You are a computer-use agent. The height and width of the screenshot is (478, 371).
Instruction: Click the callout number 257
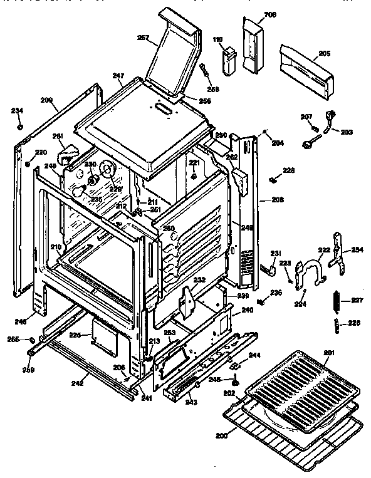(142, 38)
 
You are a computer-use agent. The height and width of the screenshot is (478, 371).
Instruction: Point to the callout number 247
(118, 76)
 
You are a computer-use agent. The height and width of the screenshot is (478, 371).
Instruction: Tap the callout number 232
(199, 280)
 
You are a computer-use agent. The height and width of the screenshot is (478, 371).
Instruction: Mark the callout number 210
(56, 247)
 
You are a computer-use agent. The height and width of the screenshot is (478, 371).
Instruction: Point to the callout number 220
(40, 152)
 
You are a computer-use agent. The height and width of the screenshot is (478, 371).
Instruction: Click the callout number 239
(244, 296)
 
